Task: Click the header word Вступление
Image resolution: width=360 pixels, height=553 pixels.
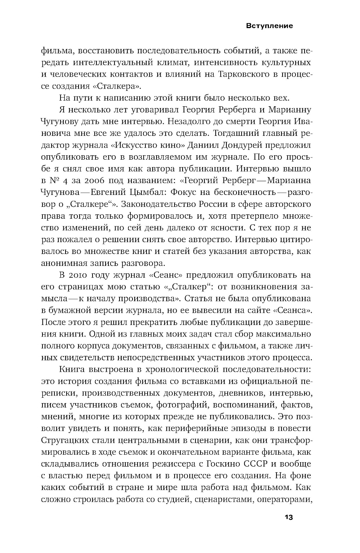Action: pyautogui.click(x=270, y=26)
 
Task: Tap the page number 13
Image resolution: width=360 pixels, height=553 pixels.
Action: pyautogui.click(x=289, y=518)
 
